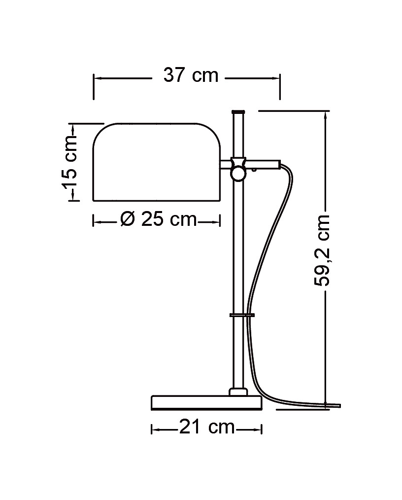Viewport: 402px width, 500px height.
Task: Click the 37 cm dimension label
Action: pos(191,75)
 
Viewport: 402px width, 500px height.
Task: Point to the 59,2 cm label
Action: pos(321,250)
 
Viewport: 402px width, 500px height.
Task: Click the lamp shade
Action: pos(156,162)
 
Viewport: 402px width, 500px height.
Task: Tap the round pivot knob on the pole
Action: pos(238,175)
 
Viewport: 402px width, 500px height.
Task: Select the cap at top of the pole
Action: pos(238,112)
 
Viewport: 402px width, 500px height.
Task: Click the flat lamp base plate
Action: pos(206,402)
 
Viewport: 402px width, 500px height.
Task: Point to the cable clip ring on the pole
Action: pos(242,315)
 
